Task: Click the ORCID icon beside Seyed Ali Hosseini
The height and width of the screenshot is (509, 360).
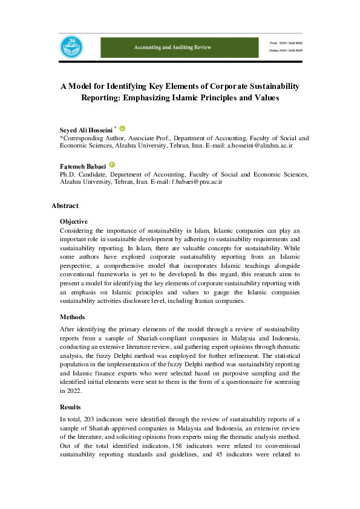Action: pos(123,129)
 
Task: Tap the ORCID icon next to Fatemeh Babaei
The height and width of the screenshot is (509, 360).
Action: pos(112,165)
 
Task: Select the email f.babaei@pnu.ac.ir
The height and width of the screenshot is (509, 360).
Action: pos(197,182)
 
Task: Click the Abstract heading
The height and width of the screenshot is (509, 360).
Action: pos(65,206)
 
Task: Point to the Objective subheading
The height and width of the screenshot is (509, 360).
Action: pos(74,222)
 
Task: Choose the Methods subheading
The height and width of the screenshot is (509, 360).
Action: pos(72,317)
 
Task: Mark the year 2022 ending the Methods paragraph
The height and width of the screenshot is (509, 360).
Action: pos(68,391)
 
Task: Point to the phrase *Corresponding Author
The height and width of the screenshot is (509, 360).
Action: pos(88,138)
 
